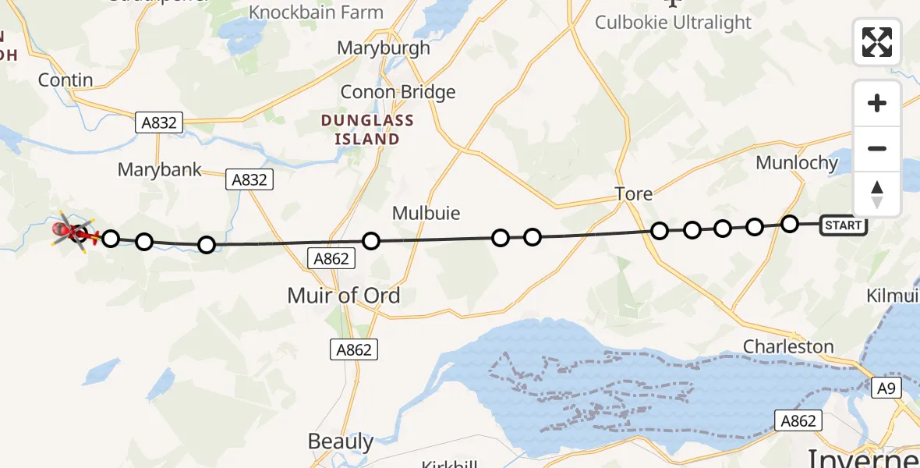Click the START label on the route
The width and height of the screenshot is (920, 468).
point(843,226)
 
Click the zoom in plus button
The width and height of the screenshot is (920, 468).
point(877,104)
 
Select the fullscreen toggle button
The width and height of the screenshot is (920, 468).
point(877,41)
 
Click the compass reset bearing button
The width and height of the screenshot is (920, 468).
point(877,193)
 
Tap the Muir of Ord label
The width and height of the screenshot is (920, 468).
point(343,296)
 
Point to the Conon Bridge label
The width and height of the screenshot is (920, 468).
point(398,92)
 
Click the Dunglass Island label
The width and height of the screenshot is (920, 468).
point(368,130)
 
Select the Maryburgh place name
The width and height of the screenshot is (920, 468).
point(383,48)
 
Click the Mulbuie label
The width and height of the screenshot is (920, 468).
point(426,213)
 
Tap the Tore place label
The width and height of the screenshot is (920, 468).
point(633,193)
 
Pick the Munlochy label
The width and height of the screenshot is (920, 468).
point(796,163)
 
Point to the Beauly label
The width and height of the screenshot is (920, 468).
point(341,441)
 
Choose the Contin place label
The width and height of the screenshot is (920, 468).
point(66,80)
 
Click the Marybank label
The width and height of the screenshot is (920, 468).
point(160,169)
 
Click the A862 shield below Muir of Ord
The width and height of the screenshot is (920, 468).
point(354,350)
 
